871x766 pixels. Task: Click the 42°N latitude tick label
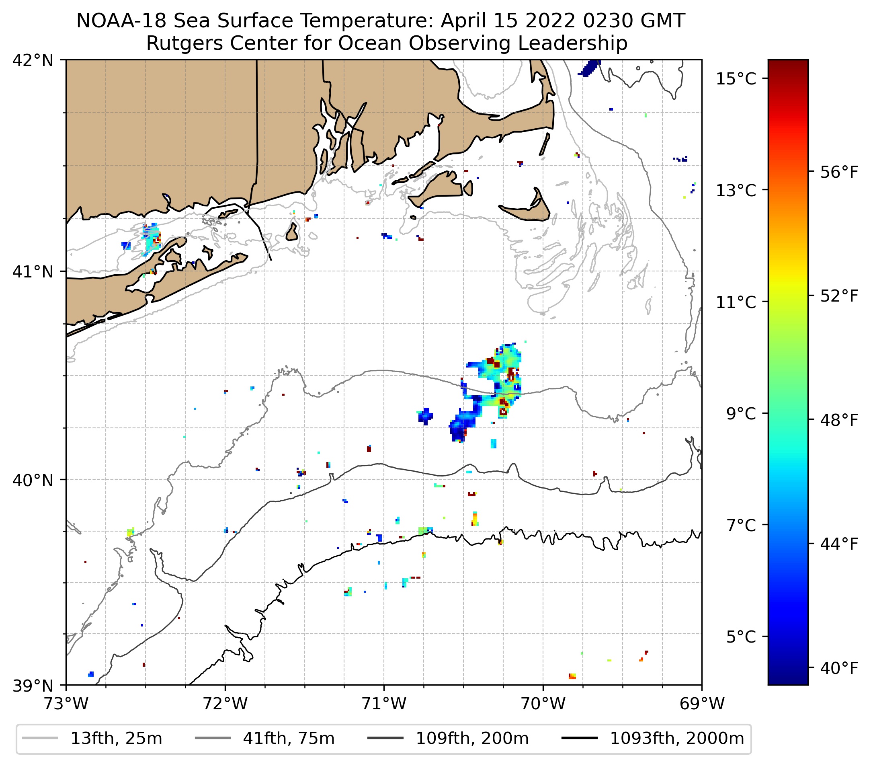(33, 61)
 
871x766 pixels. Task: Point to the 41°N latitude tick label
(33, 271)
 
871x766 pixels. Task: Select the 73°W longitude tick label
(66, 704)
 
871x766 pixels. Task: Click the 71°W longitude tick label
(384, 704)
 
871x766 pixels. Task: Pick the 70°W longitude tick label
(543, 704)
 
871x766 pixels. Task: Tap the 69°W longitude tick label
(702, 704)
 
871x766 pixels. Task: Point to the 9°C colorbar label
(741, 413)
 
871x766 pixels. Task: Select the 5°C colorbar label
(741, 637)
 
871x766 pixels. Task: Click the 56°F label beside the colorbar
(839, 172)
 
